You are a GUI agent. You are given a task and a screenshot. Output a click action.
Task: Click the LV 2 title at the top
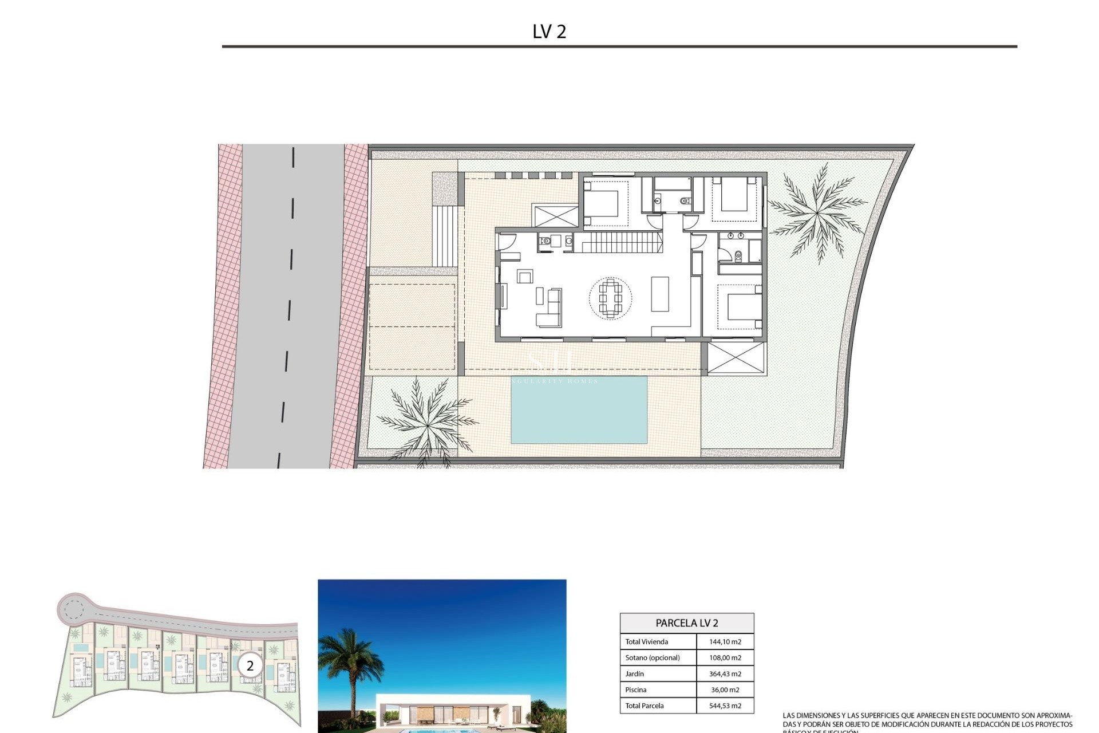click(549, 31)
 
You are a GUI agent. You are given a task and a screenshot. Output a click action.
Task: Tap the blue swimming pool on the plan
click(579, 409)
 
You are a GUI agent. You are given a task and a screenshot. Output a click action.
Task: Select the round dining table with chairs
click(611, 298)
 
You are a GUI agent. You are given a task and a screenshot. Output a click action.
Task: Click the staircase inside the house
click(618, 242)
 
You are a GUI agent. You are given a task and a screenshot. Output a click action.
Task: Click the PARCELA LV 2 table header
click(687, 623)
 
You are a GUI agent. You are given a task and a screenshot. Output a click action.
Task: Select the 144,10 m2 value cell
click(725, 642)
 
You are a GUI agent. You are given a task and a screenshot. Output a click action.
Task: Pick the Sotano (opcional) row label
click(653, 658)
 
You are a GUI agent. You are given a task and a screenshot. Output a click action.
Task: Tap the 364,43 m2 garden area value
click(725, 674)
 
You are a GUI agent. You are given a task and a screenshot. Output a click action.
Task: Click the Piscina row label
click(636, 690)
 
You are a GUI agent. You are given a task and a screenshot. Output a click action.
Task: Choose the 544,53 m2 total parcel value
click(725, 706)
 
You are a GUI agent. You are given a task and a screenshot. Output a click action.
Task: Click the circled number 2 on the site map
click(250, 666)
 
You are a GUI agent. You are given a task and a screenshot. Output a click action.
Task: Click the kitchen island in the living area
click(660, 294)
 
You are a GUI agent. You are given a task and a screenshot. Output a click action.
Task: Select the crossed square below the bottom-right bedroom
click(737, 358)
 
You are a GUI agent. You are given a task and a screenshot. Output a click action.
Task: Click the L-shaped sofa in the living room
click(550, 309)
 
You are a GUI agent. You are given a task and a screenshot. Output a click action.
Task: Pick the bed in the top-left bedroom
click(602, 203)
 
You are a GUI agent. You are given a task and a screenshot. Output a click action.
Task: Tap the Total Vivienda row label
click(646, 642)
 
